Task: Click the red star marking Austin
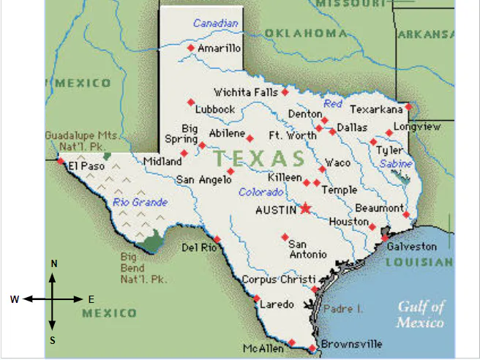[305, 209]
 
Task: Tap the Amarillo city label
[219, 48]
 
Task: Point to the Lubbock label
[214, 109]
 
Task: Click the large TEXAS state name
[260, 158]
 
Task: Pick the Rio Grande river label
[140, 202]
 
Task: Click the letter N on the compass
[53, 263]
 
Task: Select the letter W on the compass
[15, 299]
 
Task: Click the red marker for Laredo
[256, 299]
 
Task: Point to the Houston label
[348, 222]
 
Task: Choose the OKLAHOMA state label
[305, 33]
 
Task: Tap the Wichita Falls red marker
[285, 93]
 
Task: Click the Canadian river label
[216, 23]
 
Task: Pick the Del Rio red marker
[217, 239]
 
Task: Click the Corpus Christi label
[278, 280]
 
